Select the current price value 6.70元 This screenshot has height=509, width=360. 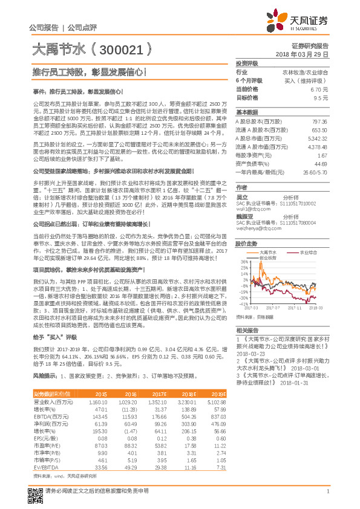pos(321,88)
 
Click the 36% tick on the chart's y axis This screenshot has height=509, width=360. pos(244,262)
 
